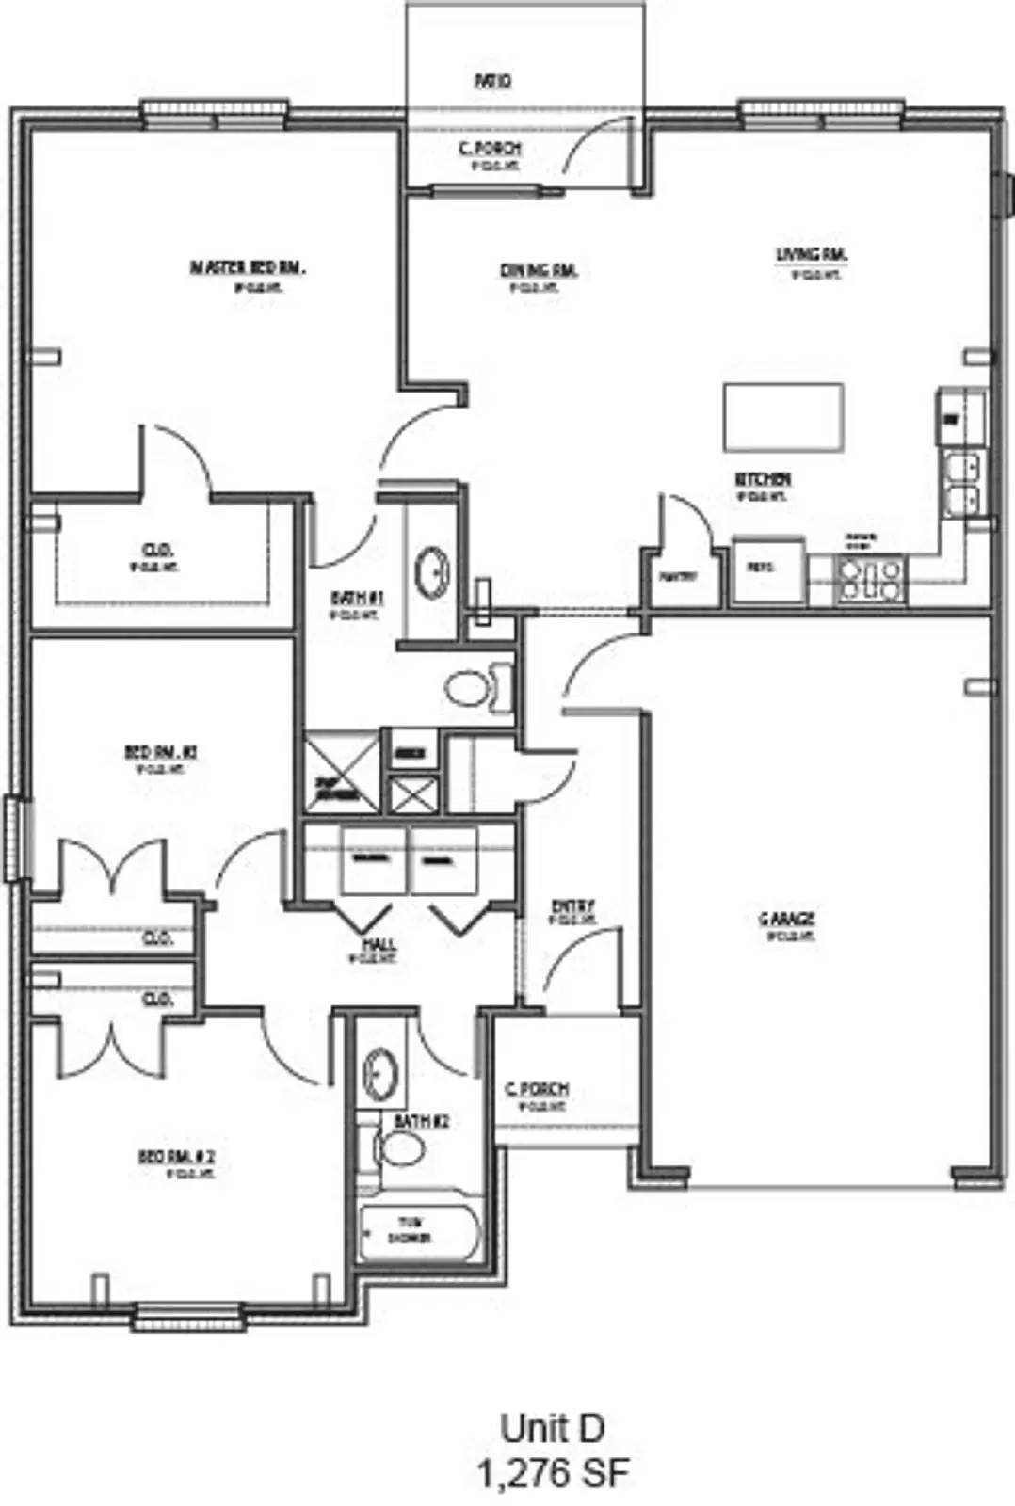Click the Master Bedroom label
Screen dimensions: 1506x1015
(x=248, y=268)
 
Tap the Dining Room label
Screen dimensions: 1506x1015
(x=539, y=271)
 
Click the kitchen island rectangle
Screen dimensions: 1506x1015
(x=782, y=417)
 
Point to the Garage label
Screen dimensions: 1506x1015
(x=787, y=919)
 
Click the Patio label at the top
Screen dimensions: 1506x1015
(x=492, y=82)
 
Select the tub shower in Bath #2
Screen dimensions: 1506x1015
(x=420, y=1231)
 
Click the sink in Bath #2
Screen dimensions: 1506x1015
(x=380, y=1072)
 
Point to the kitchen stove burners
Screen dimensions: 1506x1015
(x=871, y=579)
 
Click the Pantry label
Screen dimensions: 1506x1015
(x=678, y=576)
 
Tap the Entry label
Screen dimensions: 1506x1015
(x=572, y=906)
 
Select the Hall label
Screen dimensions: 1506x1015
(x=379, y=944)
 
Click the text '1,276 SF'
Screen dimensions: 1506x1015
(x=552, y=1473)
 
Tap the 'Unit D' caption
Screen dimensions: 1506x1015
(x=552, y=1428)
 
